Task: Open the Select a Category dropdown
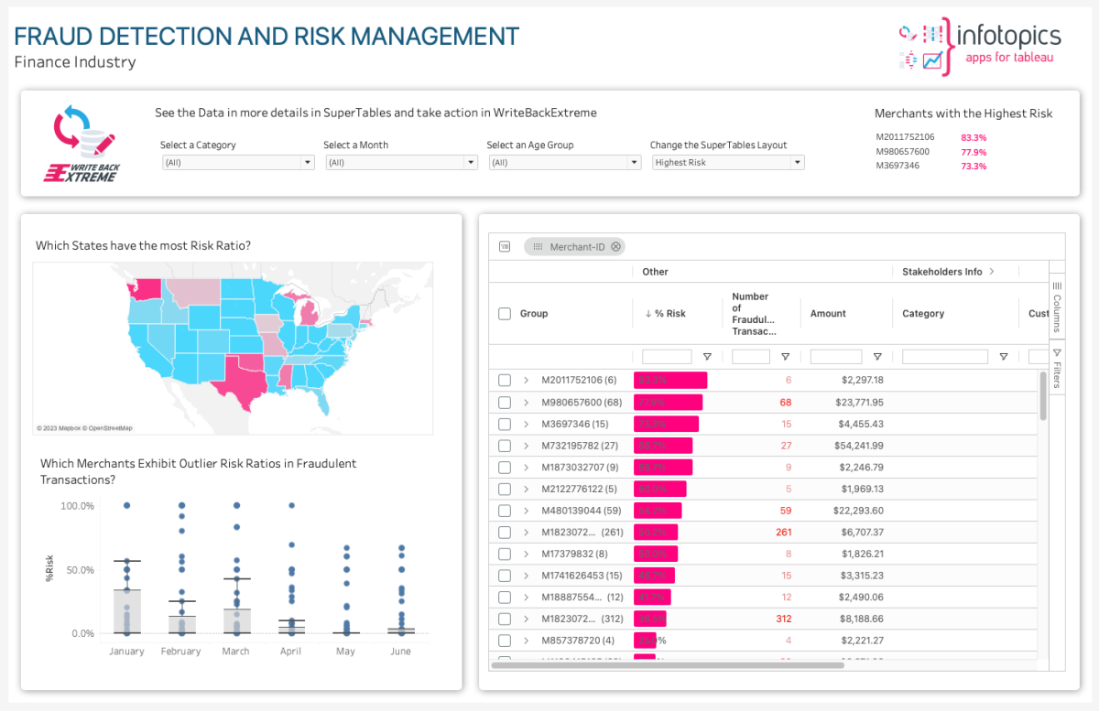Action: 237,163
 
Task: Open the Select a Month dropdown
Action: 400,163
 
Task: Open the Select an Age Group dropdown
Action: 563,163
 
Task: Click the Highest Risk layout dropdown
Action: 727,163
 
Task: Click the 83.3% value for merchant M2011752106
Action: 974,138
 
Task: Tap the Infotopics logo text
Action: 1007,37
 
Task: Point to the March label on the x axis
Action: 235,652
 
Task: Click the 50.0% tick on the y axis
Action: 77,570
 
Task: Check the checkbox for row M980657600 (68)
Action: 505,403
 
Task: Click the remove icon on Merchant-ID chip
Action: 616,247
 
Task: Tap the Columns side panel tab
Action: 1056,307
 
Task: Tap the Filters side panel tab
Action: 1056,368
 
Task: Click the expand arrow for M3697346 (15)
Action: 527,425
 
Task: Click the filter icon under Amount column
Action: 877,357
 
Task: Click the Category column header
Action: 923,314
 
